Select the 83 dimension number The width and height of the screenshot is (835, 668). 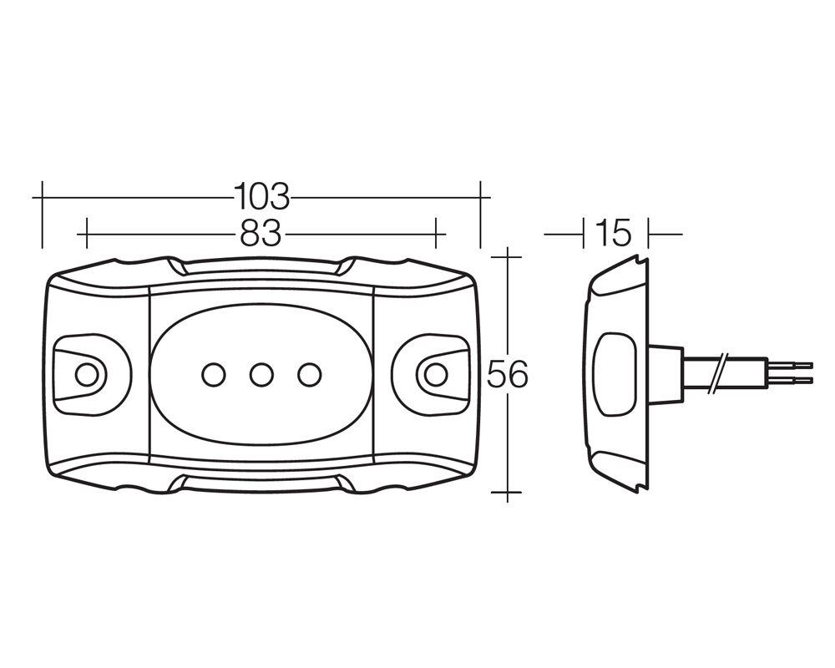pyautogui.click(x=261, y=233)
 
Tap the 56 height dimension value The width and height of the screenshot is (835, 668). pyautogui.click(x=508, y=374)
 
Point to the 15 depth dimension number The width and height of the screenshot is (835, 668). pyautogui.click(x=614, y=233)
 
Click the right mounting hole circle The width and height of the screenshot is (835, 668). pyautogui.click(x=436, y=375)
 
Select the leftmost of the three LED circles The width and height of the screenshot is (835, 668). pyautogui.click(x=214, y=375)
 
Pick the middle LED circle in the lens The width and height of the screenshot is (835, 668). pyautogui.click(x=261, y=375)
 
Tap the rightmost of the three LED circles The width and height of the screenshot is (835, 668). pyautogui.click(x=310, y=375)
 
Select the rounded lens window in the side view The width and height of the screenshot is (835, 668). pyautogui.click(x=615, y=374)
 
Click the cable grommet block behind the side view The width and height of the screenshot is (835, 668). pyautogui.click(x=665, y=373)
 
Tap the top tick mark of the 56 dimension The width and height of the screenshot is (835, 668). pyautogui.click(x=507, y=256)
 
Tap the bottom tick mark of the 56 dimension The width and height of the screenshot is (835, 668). pyautogui.click(x=507, y=492)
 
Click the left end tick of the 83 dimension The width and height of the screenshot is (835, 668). pyautogui.click(x=86, y=233)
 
